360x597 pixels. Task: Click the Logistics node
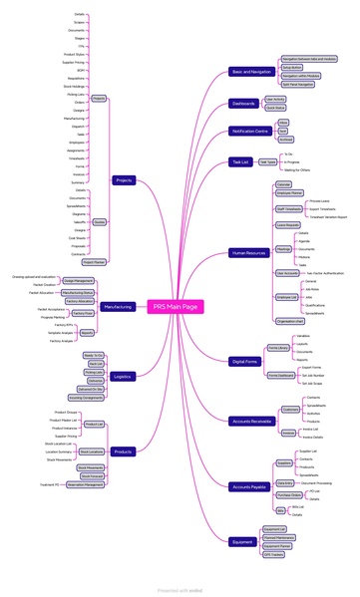click(x=122, y=377)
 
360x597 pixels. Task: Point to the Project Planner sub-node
click(x=95, y=262)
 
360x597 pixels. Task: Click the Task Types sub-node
click(x=267, y=161)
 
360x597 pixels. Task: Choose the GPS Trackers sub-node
click(x=275, y=555)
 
